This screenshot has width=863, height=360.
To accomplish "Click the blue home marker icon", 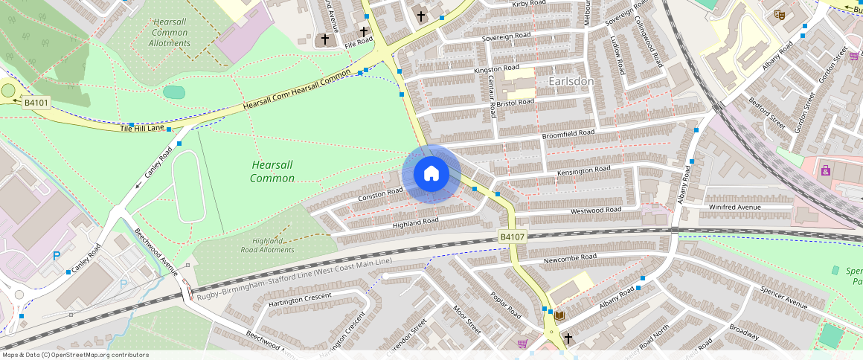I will pyautogui.click(x=431, y=174).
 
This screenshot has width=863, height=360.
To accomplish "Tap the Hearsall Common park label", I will pyautogui.click(x=272, y=171).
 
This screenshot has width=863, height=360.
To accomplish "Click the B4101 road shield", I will pyautogui.click(x=36, y=103).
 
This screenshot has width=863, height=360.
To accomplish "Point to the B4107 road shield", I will pyautogui.click(x=513, y=237).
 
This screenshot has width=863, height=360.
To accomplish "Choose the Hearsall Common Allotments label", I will pyautogui.click(x=170, y=33).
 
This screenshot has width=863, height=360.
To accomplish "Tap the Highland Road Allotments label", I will pyautogui.click(x=273, y=245).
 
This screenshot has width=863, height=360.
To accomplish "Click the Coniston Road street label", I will pyautogui.click(x=380, y=194).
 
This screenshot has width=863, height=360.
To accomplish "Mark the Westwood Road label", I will pyautogui.click(x=596, y=210).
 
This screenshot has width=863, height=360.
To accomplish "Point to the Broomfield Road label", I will pyautogui.click(x=568, y=133).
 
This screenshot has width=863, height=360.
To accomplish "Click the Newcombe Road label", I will pyautogui.click(x=571, y=257).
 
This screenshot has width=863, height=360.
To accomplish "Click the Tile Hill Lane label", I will pyautogui.click(x=142, y=129).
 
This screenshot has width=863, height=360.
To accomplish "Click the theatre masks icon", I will pyautogui.click(x=779, y=14).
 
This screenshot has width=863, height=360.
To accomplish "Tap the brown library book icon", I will pyautogui.click(x=559, y=316).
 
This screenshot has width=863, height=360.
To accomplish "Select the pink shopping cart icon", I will pyautogui.click(x=522, y=344).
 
